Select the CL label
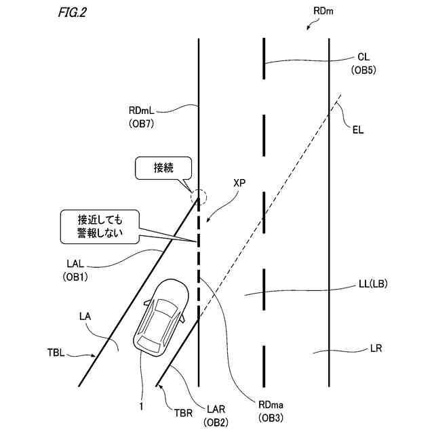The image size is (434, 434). [363, 58]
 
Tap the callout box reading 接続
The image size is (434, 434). [163, 168]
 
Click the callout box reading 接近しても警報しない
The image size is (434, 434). [99, 226]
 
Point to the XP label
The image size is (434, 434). [239, 184]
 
